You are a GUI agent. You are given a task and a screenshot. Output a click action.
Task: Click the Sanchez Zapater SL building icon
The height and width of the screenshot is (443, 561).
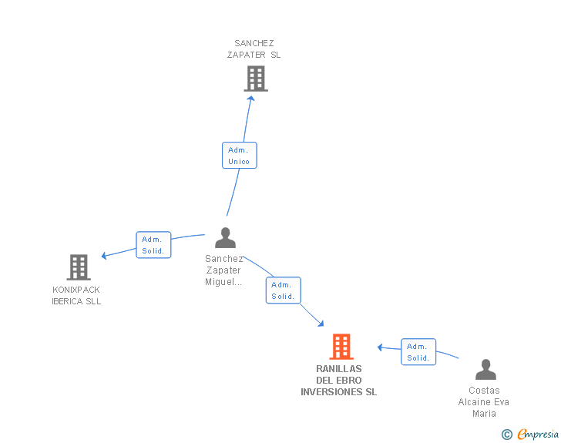coord(256,79)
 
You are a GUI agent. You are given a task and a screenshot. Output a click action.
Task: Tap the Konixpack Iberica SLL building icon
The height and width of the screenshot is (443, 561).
coord(79,267)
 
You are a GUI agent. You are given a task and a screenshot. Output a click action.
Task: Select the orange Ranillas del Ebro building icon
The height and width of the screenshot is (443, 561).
coord(341,347)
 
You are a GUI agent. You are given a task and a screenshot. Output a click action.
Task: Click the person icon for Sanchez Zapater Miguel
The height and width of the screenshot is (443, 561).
coord(225,238)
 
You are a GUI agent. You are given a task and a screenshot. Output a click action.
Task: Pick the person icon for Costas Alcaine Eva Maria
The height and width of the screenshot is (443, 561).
coord(485,370)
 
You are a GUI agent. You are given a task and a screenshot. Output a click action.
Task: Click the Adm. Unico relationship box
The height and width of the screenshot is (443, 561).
coord(239,155)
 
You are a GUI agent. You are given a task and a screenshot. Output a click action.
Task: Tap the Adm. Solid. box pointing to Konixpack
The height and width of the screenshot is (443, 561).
coord(153,245)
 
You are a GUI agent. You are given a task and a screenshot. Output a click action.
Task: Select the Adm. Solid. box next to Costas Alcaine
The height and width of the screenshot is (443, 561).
coord(418,352)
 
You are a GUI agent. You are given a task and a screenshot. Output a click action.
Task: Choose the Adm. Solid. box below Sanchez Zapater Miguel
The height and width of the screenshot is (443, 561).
coord(283,290)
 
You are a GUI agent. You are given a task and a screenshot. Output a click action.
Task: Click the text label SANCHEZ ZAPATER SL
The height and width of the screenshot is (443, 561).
coord(254,49)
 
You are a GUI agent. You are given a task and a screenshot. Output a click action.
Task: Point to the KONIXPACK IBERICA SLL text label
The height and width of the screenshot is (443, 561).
coord(76,296)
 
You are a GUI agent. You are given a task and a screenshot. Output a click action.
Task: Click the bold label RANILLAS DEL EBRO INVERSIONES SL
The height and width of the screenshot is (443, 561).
coord(339,381)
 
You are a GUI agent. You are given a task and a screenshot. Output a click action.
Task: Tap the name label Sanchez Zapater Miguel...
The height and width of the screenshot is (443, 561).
coord(224,270)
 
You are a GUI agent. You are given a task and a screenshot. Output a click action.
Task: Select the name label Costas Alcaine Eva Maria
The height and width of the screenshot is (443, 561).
coord(484,401)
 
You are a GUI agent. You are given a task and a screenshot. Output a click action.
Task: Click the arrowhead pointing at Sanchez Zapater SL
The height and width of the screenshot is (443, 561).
coord(250,98)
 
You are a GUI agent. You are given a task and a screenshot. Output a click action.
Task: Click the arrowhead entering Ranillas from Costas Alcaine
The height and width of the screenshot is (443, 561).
coord(381,347)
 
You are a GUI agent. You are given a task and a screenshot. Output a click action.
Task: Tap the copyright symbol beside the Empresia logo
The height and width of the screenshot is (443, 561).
coord(506,435)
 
